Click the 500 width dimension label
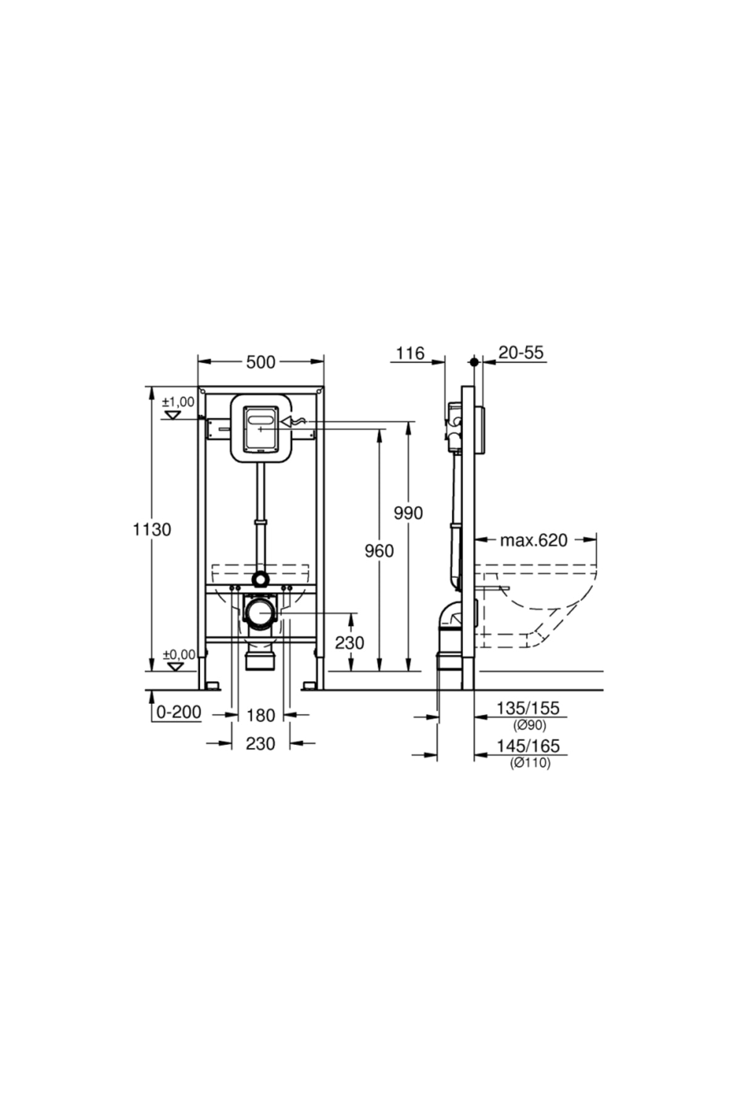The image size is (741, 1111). (261, 362)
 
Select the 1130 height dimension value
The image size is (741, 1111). (153, 529)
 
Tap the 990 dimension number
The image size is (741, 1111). (408, 513)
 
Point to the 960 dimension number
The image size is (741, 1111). (379, 551)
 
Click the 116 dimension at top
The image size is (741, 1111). (410, 353)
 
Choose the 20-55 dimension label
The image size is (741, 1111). (521, 352)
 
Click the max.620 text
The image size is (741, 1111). (534, 540)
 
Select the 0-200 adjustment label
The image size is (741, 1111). (178, 712)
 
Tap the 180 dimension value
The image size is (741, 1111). (261, 715)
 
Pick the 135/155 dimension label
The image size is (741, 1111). (528, 708)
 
